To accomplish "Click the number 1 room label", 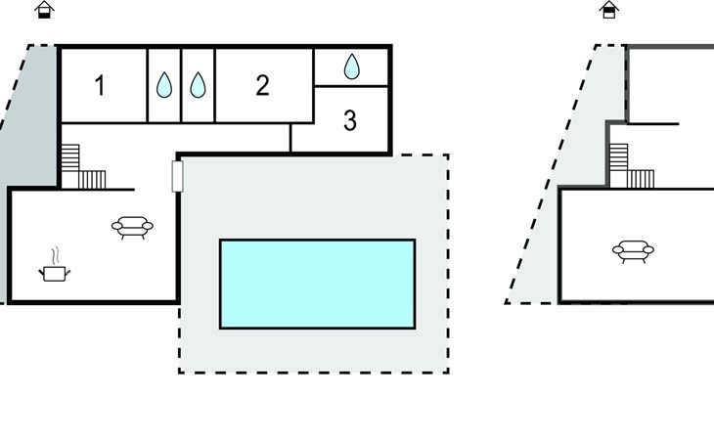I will coord(100,86).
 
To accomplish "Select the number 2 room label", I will coord(262,86).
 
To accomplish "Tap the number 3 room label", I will coord(350,122).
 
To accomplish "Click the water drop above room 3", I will coord(352,66).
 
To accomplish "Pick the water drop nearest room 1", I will coord(163,86).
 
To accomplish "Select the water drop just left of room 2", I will coord(198,86).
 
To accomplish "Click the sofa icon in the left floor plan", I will coord(132,228).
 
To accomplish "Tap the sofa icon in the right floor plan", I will coord(633,251).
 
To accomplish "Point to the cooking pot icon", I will coord(54,272).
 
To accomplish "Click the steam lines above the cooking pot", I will coord(55,253).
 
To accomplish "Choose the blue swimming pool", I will coord(317,284).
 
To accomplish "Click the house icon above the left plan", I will coord(45,10).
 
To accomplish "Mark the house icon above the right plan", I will coord(609,10).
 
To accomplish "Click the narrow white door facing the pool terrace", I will coord(177,176).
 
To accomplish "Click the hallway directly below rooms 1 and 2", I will coord(176,137).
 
